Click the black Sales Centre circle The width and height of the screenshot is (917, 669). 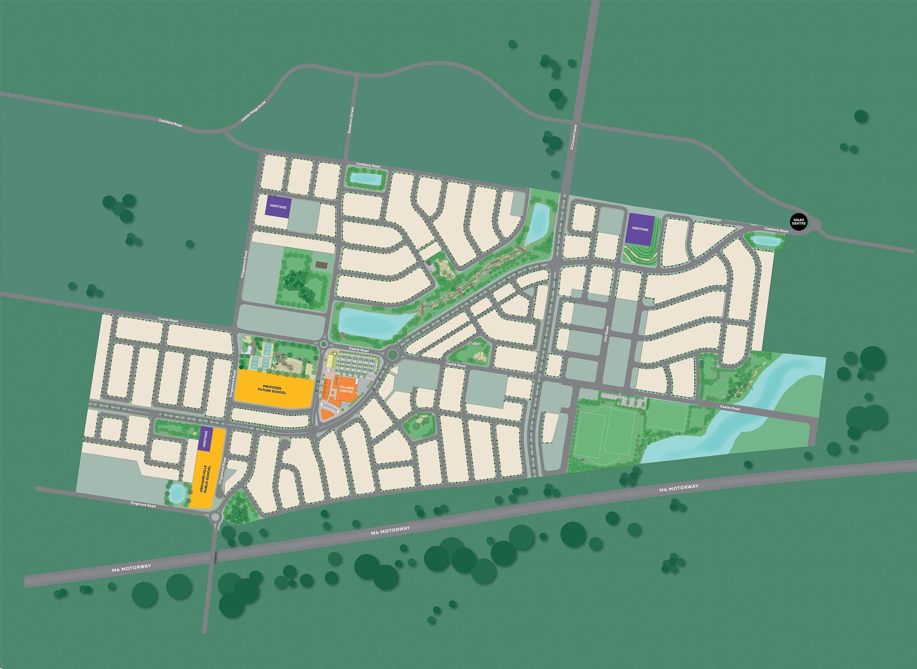click(799, 221)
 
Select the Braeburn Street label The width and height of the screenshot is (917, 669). click(351, 120)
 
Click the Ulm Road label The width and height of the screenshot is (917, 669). click(607, 334)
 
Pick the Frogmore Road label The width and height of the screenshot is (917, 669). click(143, 505)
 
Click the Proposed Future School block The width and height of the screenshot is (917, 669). click(274, 390)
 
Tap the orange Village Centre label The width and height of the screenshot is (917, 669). click(347, 389)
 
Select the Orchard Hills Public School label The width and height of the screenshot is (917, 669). click(206, 479)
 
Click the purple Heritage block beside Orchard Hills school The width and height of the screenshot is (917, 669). click(206, 439)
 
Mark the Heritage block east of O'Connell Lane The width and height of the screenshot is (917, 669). click(640, 229)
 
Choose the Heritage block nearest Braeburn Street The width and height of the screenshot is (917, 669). click(279, 207)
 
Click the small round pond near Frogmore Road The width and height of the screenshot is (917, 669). click(177, 493)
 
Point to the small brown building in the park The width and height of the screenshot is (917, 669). click(321, 265)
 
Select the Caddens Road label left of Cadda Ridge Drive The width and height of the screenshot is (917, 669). click(170, 123)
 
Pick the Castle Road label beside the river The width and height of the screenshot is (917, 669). click(730, 407)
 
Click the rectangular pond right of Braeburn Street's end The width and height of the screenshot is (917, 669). click(366, 178)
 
